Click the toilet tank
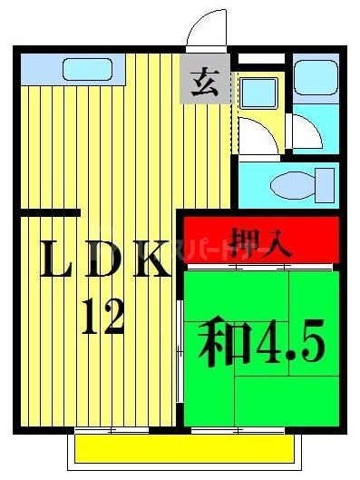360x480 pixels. click(323, 185)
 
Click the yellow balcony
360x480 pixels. click(187, 447)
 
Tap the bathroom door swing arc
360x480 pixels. click(305, 134)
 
